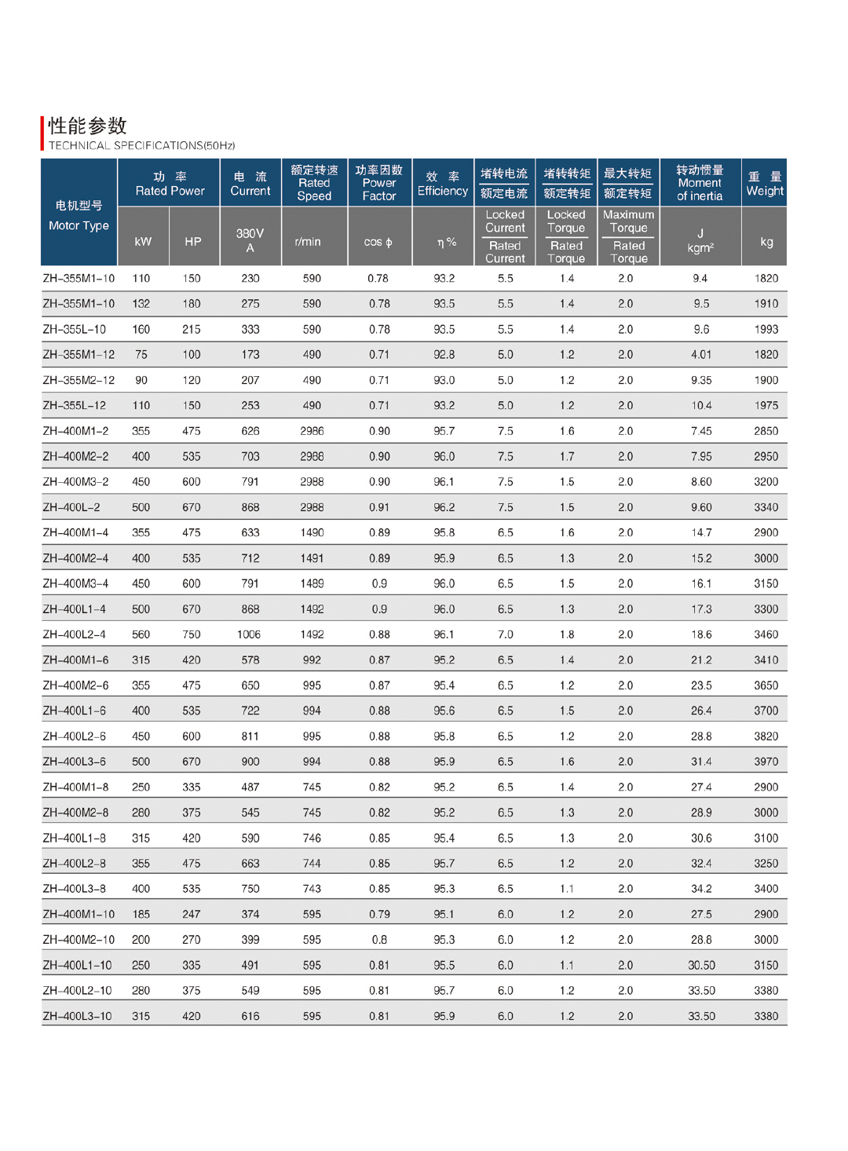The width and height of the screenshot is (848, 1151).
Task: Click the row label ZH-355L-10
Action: tap(74, 329)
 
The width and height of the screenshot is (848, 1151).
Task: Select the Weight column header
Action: tap(765, 184)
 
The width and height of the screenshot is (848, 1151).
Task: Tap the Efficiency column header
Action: tap(443, 184)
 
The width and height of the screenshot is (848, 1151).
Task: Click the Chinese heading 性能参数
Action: tap(87, 126)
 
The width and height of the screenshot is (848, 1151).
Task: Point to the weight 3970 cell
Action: tap(766, 762)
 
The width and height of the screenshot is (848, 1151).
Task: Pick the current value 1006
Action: tap(249, 634)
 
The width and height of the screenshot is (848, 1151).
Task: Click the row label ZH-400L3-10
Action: tap(77, 1016)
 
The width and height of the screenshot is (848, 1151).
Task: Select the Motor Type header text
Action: tap(79, 225)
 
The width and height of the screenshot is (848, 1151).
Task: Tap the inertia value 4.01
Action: tap(701, 354)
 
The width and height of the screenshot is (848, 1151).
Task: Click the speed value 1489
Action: tap(312, 583)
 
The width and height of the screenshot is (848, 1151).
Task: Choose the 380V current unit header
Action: tap(250, 240)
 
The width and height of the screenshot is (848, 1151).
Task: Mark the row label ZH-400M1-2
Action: tap(75, 431)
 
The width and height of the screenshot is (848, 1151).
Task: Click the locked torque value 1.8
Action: tap(567, 634)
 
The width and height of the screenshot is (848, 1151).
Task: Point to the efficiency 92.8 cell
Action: tap(444, 354)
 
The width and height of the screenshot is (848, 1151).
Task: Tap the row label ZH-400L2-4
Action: tap(74, 634)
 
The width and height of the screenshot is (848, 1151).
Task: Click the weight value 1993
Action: tap(766, 329)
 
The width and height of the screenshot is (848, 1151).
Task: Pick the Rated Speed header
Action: tap(314, 183)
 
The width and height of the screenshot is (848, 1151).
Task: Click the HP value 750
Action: tap(192, 634)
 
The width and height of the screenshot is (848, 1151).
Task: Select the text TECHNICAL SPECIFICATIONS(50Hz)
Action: tap(141, 145)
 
